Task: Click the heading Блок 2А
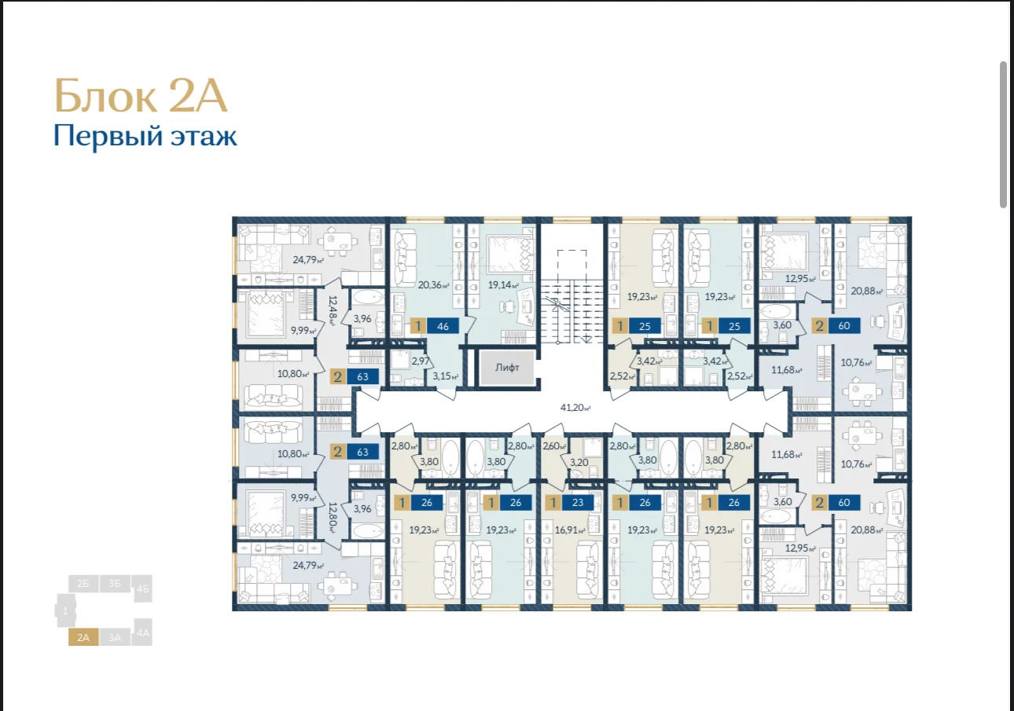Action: click(141, 96)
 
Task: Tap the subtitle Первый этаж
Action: click(145, 136)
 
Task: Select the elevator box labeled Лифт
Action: click(507, 368)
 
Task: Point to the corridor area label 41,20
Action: click(575, 407)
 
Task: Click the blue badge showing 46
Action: click(443, 326)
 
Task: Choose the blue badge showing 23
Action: click(578, 502)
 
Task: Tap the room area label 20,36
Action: click(434, 285)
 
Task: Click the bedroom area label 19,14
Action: click(503, 285)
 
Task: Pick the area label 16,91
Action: click(569, 530)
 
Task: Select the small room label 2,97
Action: click(421, 361)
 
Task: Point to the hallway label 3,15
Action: click(446, 376)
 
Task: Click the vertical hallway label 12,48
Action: click(332, 311)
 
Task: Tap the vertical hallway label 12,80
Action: click(332, 519)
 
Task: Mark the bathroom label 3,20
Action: click(579, 463)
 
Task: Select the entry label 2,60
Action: click(554, 446)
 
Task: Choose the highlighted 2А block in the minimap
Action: click(83, 637)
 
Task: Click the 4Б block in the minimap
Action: click(143, 588)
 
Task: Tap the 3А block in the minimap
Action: click(115, 637)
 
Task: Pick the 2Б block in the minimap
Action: click(83, 584)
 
